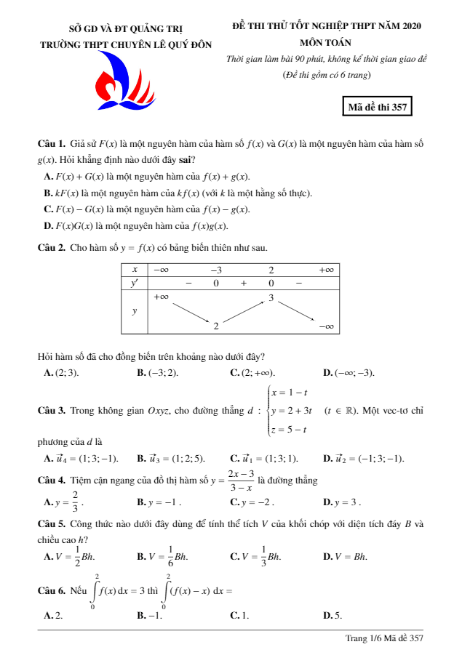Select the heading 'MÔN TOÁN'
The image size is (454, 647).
[325, 42]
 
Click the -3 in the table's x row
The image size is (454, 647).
[216, 269]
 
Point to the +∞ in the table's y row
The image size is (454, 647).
[161, 296]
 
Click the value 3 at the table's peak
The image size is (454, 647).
[271, 297]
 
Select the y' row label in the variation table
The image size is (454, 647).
[134, 283]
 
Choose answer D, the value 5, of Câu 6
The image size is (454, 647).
[332, 615]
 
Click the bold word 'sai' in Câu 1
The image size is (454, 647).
[190, 160]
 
